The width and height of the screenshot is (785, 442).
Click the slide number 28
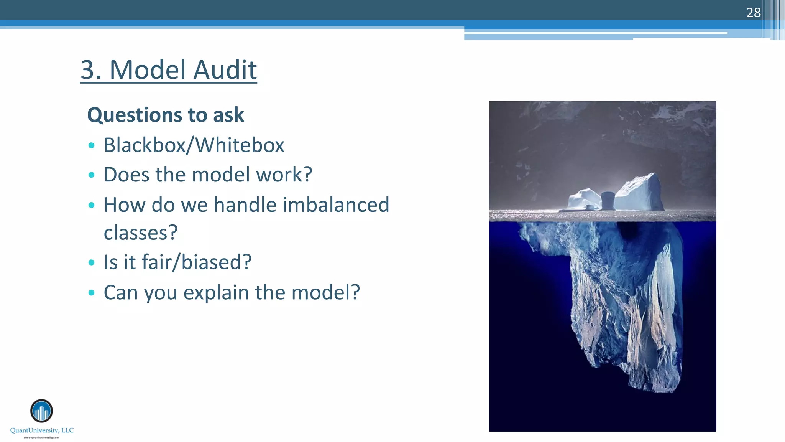point(753,13)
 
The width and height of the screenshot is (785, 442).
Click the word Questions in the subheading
point(129,115)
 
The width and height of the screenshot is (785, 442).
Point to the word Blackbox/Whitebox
point(194,145)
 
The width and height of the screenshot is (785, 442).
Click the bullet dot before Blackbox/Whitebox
point(91,145)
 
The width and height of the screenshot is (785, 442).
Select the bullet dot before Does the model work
point(91,175)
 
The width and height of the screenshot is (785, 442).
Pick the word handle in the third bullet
point(245,205)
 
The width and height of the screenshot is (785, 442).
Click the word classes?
point(141,233)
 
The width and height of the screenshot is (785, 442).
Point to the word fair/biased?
point(197,262)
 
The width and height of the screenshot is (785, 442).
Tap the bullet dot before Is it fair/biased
point(91,263)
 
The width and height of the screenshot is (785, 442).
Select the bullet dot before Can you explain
point(91,293)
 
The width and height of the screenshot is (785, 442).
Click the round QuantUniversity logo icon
point(41,411)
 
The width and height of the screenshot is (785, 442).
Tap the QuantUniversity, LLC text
point(42,430)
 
